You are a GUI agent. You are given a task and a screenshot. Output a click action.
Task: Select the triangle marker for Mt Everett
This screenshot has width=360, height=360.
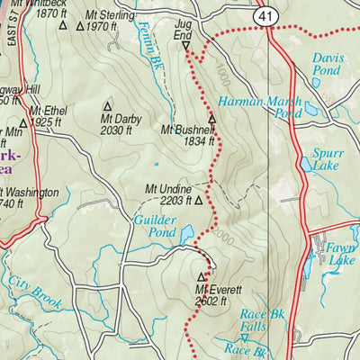(x=201, y=277)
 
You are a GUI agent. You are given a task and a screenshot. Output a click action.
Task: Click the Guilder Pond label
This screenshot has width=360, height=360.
(x=154, y=225)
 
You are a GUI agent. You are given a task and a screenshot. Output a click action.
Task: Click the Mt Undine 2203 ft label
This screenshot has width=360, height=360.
(x=169, y=195)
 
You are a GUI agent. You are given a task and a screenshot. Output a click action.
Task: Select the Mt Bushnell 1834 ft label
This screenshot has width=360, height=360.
(x=187, y=136)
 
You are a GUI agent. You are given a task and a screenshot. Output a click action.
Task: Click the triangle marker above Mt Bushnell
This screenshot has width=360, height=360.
(x=212, y=119)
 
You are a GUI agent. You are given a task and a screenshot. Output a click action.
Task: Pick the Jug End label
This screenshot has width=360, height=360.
(x=184, y=27)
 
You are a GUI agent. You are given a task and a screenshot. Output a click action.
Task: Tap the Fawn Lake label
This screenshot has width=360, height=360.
(x=341, y=254)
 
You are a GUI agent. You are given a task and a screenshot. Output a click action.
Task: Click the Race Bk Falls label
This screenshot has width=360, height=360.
(x=255, y=319)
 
